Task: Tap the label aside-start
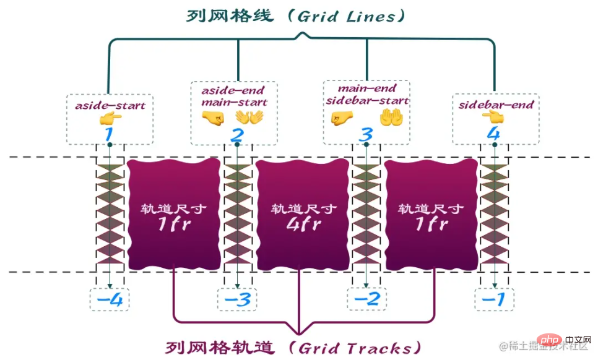click(110, 106)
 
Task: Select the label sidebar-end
click(496, 105)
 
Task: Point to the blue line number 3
click(366, 135)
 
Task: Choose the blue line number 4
click(493, 134)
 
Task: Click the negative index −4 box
click(110, 300)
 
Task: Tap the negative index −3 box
click(236, 300)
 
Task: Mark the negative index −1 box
click(494, 300)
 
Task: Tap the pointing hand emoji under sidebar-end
click(494, 118)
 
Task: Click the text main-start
click(238, 102)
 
